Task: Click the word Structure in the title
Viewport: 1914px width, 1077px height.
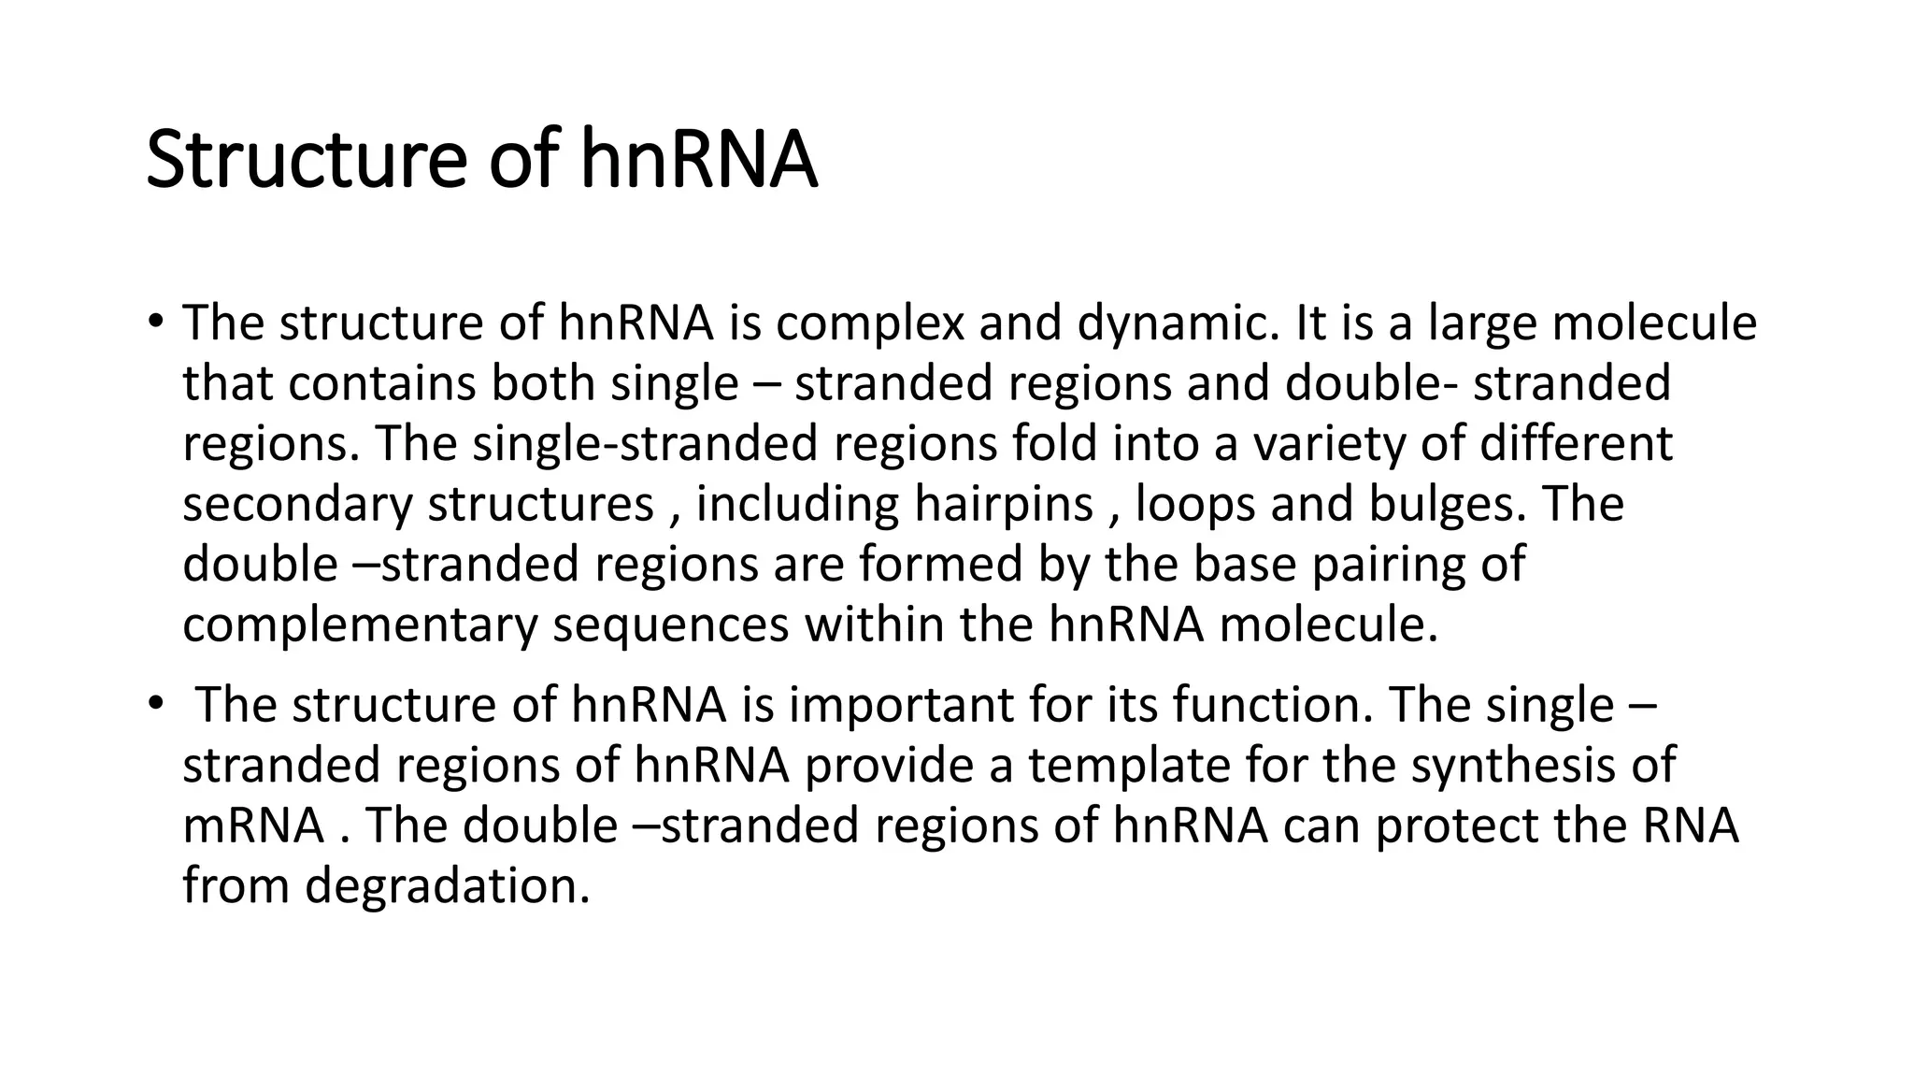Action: coord(306,160)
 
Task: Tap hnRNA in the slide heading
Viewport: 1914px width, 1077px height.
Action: coord(698,160)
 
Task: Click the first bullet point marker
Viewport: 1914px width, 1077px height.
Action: coord(155,322)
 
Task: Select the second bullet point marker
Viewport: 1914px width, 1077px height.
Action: coord(155,704)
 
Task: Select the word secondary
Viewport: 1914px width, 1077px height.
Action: coord(297,504)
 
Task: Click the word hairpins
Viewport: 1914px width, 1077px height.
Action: coord(1003,504)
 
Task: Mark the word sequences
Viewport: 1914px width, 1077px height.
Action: coord(670,625)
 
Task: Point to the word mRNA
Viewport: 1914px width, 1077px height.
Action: coord(253,826)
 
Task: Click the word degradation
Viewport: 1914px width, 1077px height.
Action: coord(447,885)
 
